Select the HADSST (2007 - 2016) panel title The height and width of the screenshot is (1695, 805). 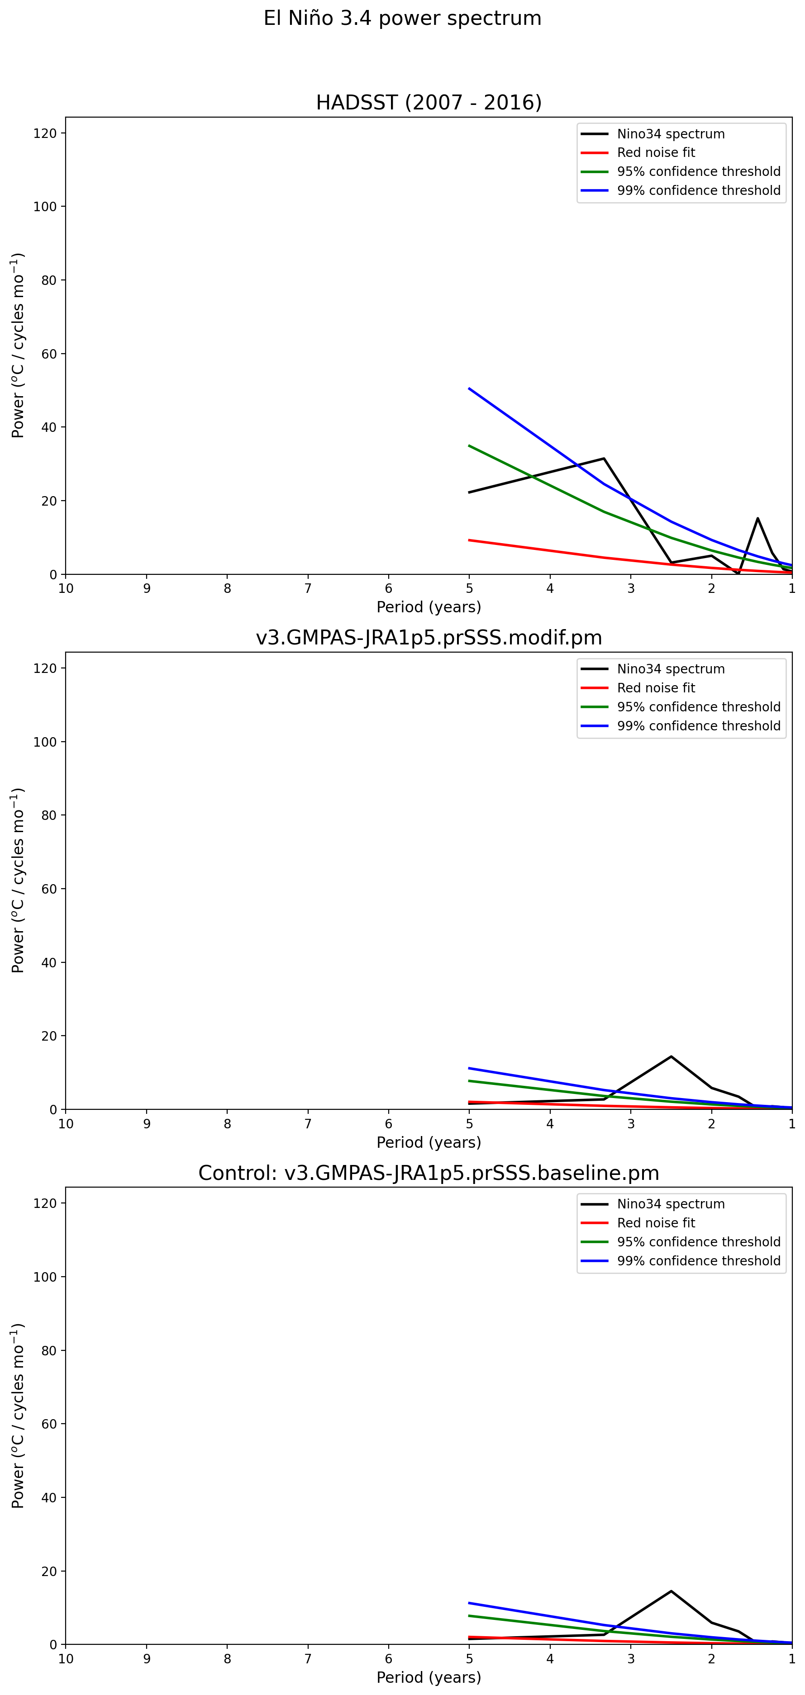429,103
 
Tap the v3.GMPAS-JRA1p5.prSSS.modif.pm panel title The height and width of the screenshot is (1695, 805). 429,638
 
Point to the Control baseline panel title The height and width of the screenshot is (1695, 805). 429,1173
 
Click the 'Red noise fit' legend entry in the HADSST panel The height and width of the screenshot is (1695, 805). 656,153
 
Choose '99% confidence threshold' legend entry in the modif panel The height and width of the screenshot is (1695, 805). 698,726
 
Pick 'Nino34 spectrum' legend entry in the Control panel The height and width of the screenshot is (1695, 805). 670,1204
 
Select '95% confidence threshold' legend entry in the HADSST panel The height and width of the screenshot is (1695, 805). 698,172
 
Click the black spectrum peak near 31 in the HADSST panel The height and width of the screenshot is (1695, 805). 604,459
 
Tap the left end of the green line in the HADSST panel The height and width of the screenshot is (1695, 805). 469,445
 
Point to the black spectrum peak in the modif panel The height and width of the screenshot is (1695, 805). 671,1057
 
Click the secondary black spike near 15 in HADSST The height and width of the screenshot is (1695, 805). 757,519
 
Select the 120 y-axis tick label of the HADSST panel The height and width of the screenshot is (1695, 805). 45,133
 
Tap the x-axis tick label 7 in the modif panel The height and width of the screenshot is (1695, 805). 307,1124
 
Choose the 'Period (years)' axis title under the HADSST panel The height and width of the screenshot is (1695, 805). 429,606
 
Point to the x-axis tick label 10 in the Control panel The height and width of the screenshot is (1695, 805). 66,1659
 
